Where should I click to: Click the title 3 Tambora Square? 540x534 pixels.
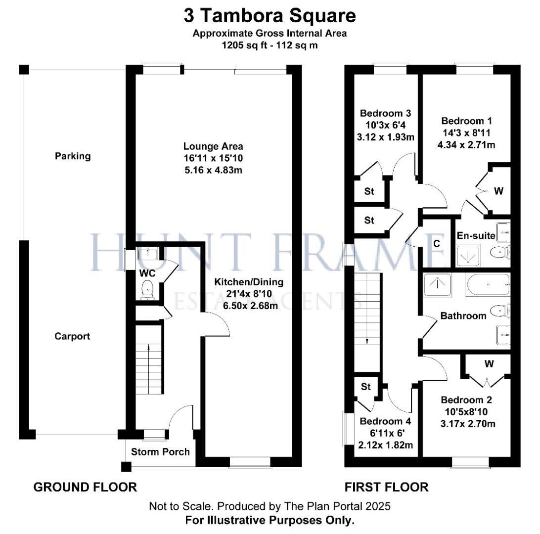(x=270, y=15)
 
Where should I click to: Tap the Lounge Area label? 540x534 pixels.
(x=213, y=146)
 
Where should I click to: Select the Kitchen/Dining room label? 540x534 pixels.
(x=249, y=282)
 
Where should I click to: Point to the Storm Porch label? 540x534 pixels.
(x=161, y=451)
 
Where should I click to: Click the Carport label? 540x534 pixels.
(x=72, y=336)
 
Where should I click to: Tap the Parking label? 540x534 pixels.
(x=73, y=156)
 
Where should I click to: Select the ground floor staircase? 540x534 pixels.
(x=149, y=365)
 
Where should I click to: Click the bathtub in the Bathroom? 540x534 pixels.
(x=488, y=285)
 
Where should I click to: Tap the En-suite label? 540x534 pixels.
(x=476, y=236)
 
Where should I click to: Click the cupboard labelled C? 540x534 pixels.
(x=436, y=243)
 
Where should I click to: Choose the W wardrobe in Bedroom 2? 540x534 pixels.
(x=489, y=364)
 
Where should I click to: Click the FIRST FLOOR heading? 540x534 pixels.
(x=386, y=487)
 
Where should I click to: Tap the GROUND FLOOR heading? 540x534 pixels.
(x=85, y=487)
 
